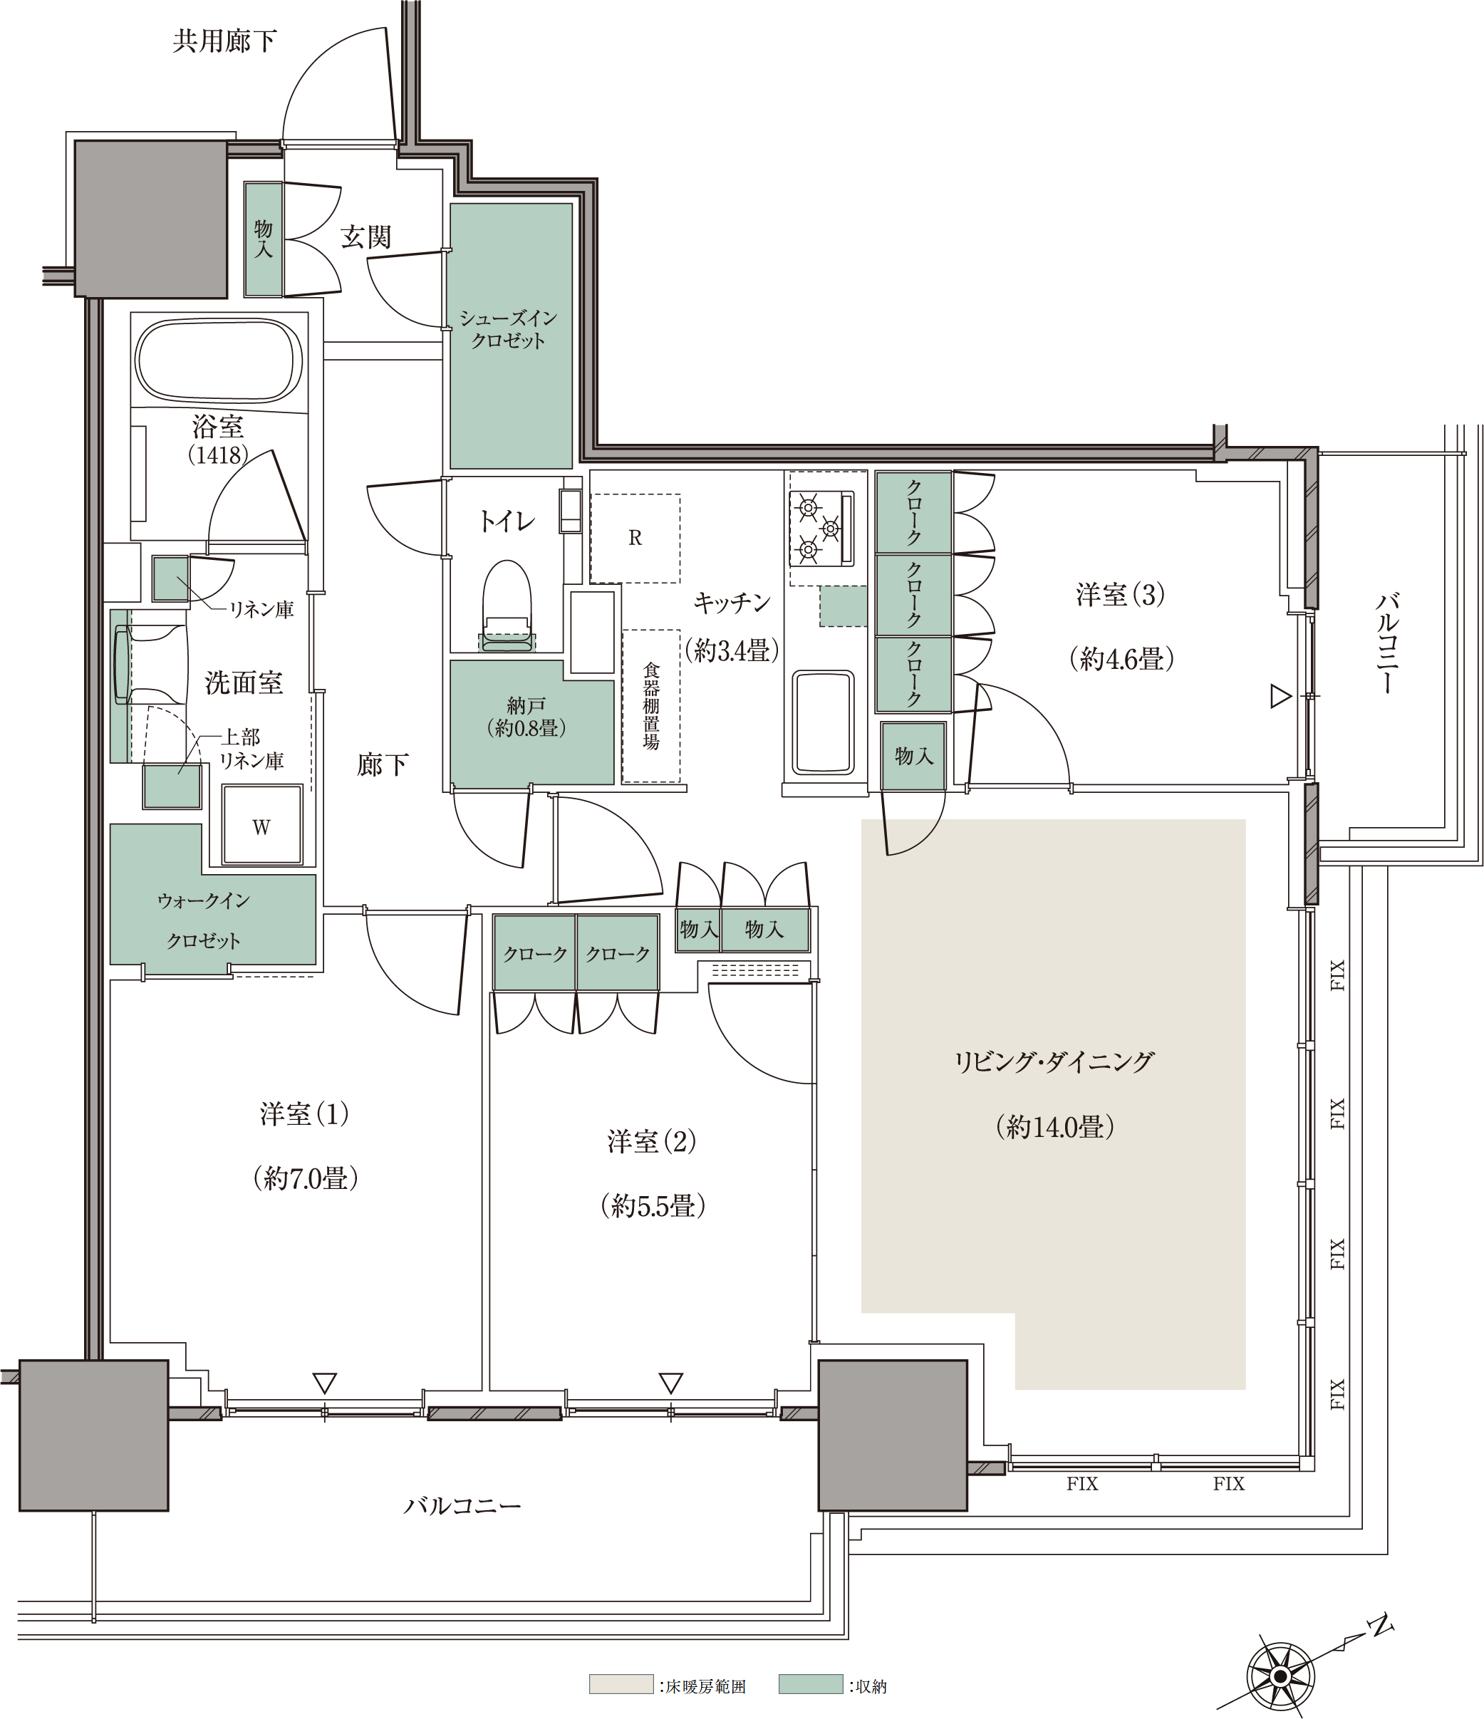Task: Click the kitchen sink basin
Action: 823,722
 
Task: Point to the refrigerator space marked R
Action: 635,539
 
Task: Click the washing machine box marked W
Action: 262,826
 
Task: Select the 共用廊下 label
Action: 225,41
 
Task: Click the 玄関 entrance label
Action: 365,237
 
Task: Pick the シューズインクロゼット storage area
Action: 511,335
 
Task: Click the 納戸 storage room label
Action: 526,706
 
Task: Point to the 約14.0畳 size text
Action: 1054,1126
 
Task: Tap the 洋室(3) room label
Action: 1120,594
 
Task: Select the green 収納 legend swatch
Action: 811,1683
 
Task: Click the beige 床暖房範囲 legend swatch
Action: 621,1683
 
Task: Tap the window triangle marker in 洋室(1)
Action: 324,1383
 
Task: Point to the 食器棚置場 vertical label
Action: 652,706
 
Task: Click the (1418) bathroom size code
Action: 218,455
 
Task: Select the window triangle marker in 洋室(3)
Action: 1281,696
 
